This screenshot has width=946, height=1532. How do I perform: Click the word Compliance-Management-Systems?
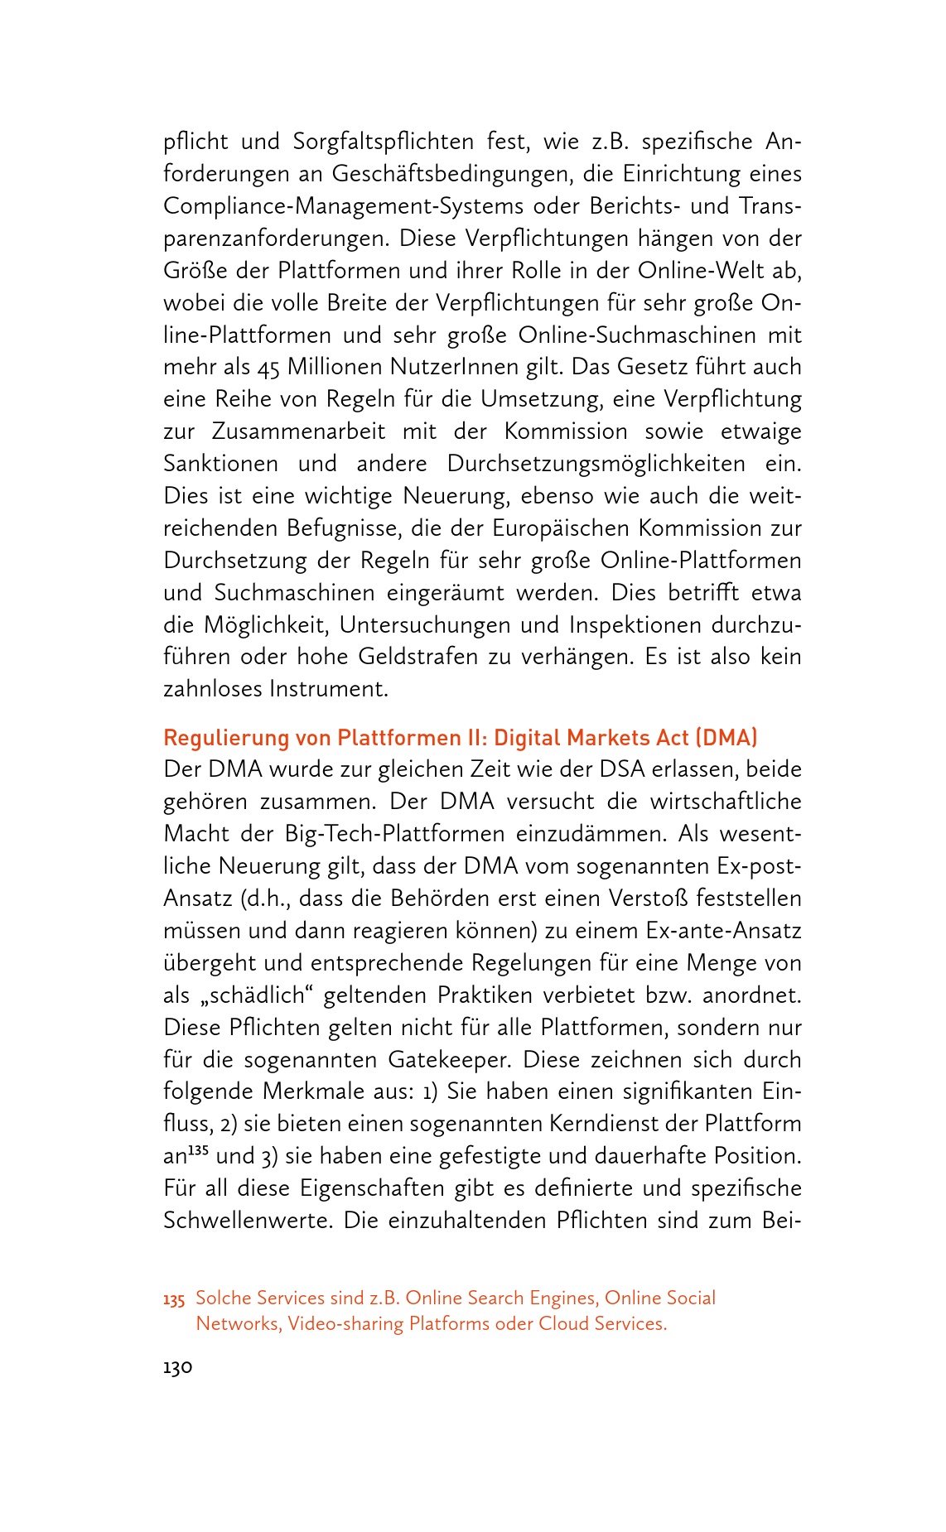click(x=343, y=206)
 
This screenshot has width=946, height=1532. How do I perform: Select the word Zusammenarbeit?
click(x=298, y=432)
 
